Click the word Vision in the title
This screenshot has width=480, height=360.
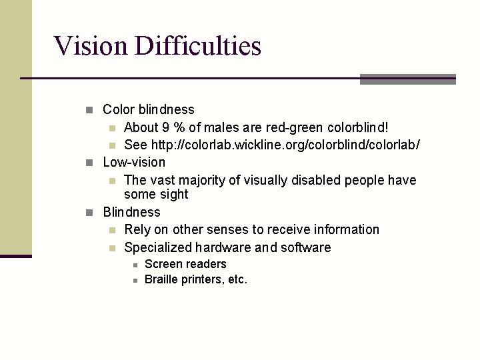[x=91, y=46]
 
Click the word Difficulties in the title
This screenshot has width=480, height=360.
[x=198, y=46]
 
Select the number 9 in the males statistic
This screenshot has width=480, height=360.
[x=166, y=127]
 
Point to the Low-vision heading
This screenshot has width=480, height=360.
[x=134, y=162]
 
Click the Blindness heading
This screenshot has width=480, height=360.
[x=131, y=212]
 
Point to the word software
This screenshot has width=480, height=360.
[x=305, y=247]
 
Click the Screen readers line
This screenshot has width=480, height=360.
[x=185, y=264]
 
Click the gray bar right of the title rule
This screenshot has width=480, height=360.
[x=407, y=79]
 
